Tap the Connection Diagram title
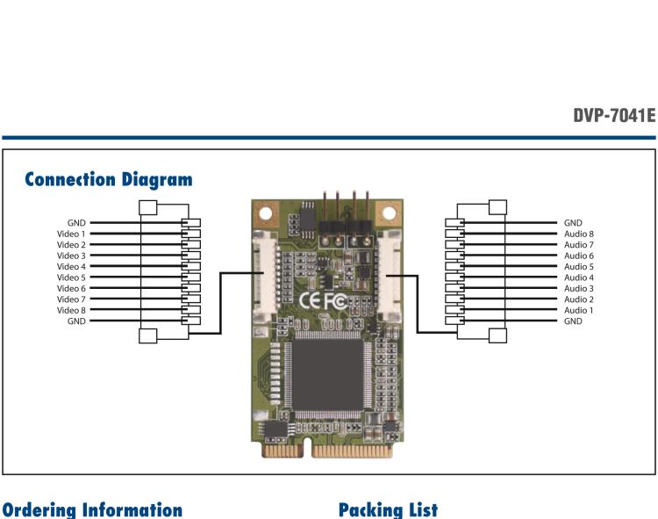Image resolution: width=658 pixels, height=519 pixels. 109,180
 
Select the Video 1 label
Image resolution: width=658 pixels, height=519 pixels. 71,234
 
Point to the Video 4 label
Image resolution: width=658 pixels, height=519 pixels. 71,267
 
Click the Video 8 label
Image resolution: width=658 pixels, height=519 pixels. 71,310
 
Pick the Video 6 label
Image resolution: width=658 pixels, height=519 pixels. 71,289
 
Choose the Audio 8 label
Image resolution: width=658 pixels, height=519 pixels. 579,234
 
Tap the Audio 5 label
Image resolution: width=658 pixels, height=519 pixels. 579,267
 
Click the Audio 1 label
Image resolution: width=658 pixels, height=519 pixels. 579,310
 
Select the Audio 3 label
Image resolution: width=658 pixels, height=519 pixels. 579,289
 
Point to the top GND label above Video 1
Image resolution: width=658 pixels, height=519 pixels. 77,224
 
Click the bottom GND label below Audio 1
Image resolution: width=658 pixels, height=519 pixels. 574,321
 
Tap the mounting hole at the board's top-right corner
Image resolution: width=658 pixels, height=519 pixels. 386,213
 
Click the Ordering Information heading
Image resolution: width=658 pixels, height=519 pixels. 91,509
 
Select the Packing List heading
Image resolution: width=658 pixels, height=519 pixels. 387,509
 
